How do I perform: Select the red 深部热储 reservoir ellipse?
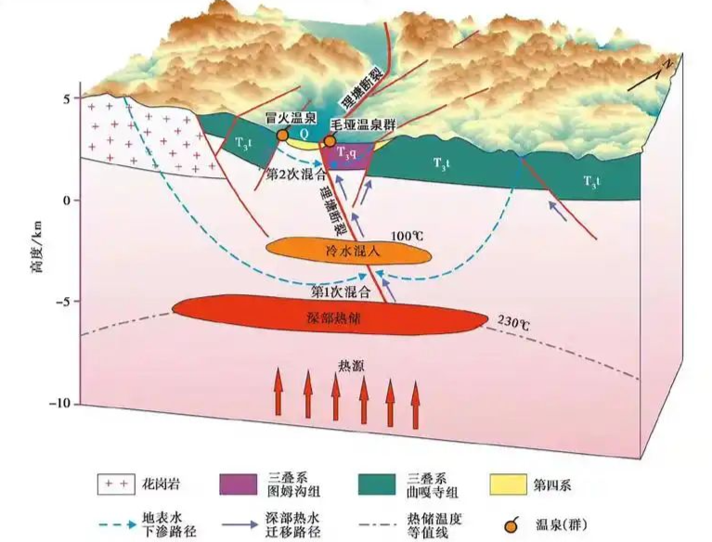[330, 315]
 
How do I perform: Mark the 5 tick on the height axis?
[64, 97]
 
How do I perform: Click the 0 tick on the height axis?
[66, 200]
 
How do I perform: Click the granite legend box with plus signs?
[112, 485]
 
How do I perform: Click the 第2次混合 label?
[294, 174]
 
